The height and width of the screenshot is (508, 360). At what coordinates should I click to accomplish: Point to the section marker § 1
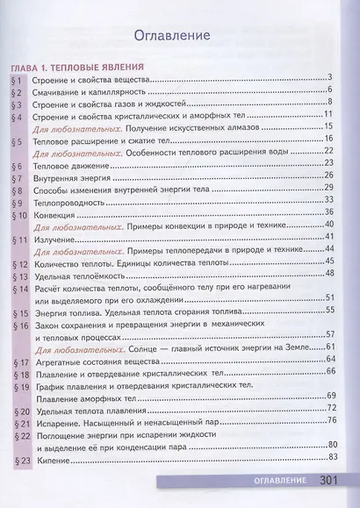[16, 80]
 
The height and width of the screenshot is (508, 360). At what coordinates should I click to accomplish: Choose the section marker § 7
[16, 177]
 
